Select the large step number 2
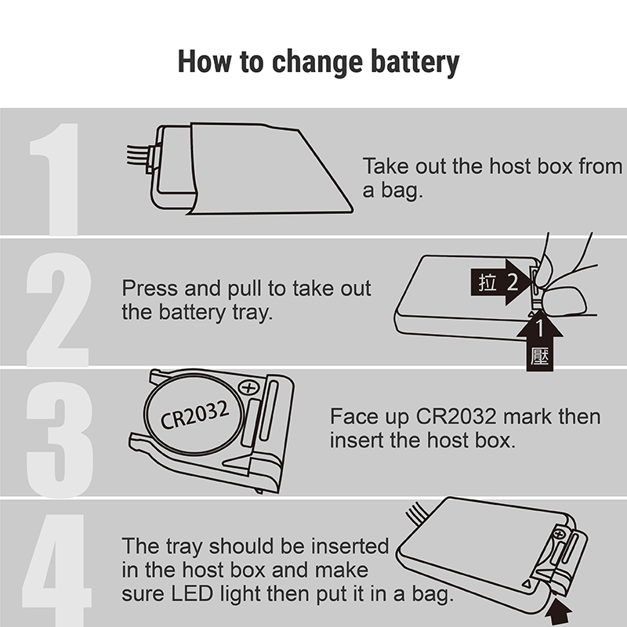(58, 310)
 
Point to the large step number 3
(60, 440)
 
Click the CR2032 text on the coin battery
(194, 415)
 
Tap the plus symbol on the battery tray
(248, 387)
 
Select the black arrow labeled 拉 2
(502, 282)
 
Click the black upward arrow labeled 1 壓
(540, 342)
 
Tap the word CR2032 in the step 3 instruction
(456, 417)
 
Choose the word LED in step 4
(192, 594)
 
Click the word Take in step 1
(386, 166)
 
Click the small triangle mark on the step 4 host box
(526, 584)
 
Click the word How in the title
(205, 62)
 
